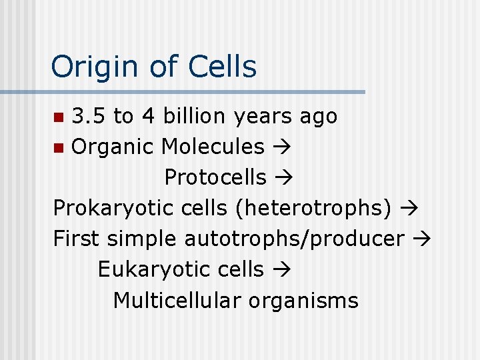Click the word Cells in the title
coord(222,66)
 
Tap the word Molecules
coord(213,146)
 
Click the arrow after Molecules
coord(281,147)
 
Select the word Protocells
coord(215,177)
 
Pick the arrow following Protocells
coord(282,177)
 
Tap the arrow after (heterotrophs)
coord(409,208)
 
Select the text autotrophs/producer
coord(294,239)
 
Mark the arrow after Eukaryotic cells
coord(281,269)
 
